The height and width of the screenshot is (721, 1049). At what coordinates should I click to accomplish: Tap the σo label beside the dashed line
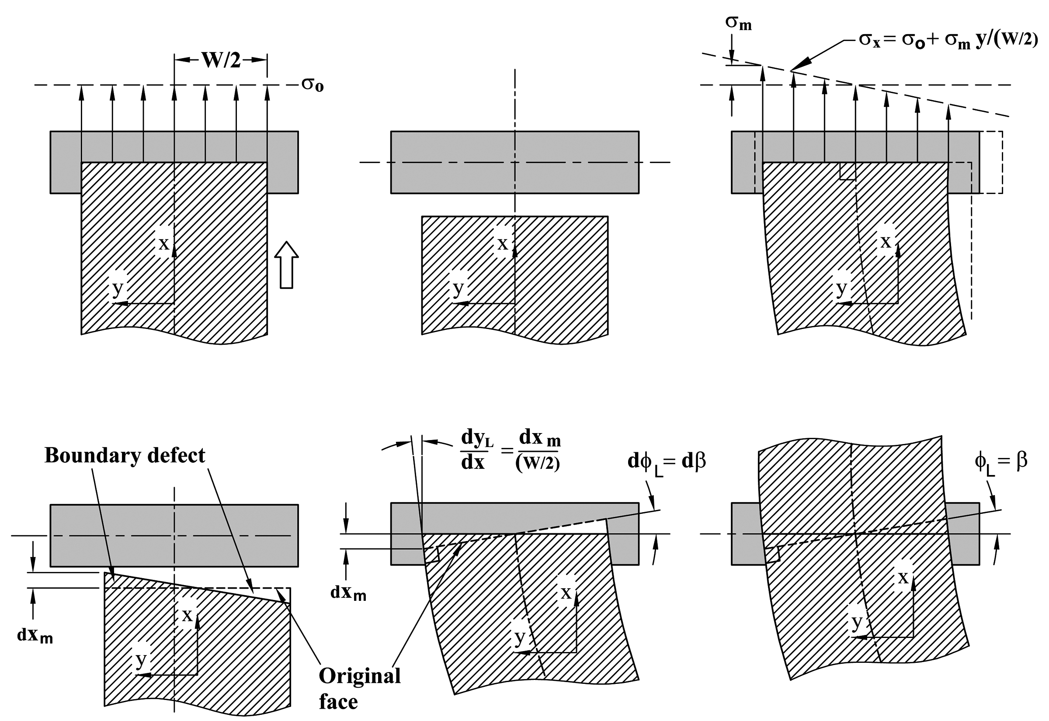(x=313, y=84)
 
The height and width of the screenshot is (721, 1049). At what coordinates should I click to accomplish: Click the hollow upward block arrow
(x=286, y=265)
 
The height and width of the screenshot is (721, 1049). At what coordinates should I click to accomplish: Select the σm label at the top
(x=738, y=23)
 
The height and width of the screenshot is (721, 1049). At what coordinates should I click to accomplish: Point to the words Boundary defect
(x=125, y=455)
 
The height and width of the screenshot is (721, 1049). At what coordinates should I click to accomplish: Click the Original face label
(x=359, y=689)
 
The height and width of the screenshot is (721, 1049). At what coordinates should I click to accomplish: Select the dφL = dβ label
(x=667, y=462)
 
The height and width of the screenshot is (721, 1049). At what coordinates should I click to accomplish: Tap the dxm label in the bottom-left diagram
(x=35, y=636)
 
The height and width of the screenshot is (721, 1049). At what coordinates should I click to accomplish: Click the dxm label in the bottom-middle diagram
(x=348, y=593)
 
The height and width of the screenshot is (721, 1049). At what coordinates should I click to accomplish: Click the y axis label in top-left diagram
(x=118, y=288)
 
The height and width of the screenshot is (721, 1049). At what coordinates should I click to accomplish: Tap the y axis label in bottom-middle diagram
(x=520, y=638)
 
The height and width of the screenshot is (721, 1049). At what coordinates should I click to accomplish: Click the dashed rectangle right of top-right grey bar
(x=991, y=162)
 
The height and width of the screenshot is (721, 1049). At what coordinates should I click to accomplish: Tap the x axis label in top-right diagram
(x=886, y=242)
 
